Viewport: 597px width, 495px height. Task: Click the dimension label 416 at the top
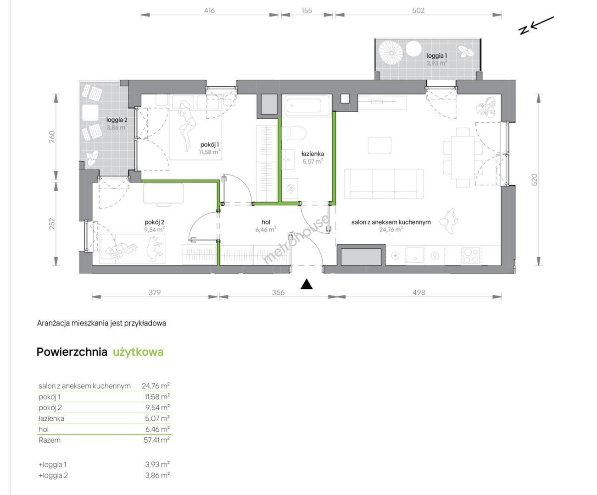209,11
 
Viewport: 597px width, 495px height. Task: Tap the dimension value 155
307,11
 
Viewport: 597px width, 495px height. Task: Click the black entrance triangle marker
306,284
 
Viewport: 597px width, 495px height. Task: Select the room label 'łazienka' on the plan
312,154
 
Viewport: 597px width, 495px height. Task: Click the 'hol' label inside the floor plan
266,222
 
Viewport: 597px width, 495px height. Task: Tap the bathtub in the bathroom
307,105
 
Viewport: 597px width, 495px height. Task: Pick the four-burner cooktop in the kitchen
471,255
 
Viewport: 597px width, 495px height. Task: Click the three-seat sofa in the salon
384,184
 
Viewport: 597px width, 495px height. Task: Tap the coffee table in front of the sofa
379,145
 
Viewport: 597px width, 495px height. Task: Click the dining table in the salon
463,157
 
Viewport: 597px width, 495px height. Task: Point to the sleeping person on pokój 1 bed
187,126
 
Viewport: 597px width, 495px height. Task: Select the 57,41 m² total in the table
156,440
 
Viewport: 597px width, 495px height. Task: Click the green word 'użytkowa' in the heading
138,352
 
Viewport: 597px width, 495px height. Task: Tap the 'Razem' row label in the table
50,440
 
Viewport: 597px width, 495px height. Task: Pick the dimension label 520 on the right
535,180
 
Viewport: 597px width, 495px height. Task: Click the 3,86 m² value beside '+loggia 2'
157,475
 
